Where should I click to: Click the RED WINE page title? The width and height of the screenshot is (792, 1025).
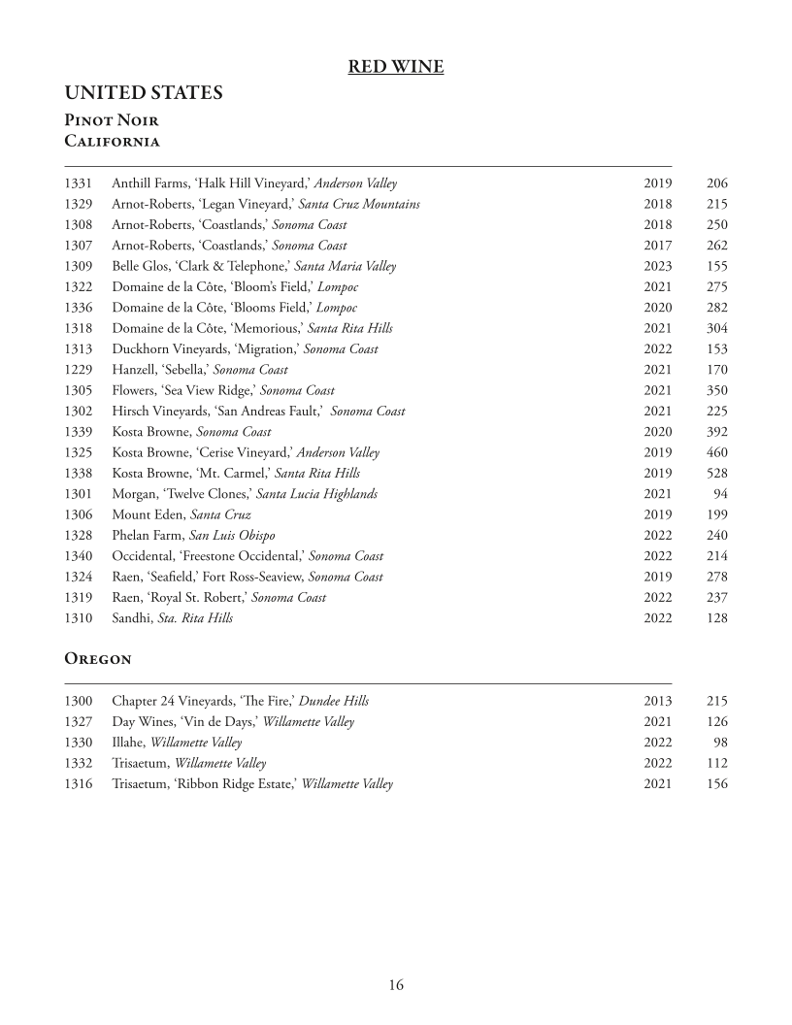[396, 67]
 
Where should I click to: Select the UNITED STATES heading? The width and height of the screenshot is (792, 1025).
[144, 93]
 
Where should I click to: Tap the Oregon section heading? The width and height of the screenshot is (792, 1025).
[98, 658]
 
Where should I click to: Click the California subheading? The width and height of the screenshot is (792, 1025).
[112, 141]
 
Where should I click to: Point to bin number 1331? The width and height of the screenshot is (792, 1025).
[79, 183]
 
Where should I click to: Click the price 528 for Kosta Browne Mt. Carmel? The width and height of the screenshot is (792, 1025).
[717, 474]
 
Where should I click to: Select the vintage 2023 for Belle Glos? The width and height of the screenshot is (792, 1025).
[657, 266]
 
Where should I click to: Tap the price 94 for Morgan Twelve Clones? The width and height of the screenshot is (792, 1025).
[721, 494]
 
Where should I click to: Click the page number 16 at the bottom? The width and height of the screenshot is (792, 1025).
[396, 985]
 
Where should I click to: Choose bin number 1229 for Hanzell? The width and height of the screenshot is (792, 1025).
[79, 370]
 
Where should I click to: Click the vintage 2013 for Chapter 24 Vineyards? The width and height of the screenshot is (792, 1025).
[657, 701]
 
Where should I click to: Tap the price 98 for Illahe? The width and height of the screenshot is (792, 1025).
[721, 743]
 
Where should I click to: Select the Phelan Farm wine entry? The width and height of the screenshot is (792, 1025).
[193, 536]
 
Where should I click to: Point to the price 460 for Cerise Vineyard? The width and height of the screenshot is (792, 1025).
[717, 452]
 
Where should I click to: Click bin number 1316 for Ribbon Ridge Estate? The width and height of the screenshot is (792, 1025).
[79, 784]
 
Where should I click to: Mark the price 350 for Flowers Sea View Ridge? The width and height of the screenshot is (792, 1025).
[717, 390]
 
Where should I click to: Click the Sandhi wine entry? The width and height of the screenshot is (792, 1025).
[172, 618]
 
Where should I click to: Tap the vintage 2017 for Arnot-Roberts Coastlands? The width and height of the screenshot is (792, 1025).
[657, 246]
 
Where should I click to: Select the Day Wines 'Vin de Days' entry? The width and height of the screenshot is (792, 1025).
[233, 722]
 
